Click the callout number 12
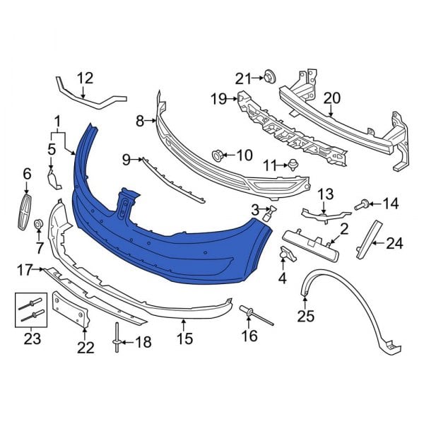84,78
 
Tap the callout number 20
331,98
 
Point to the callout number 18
143,343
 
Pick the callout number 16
249,336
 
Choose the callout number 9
126,160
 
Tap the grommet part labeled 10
217,154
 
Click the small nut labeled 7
40,225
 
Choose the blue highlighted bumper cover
170,226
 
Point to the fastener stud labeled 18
115,341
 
